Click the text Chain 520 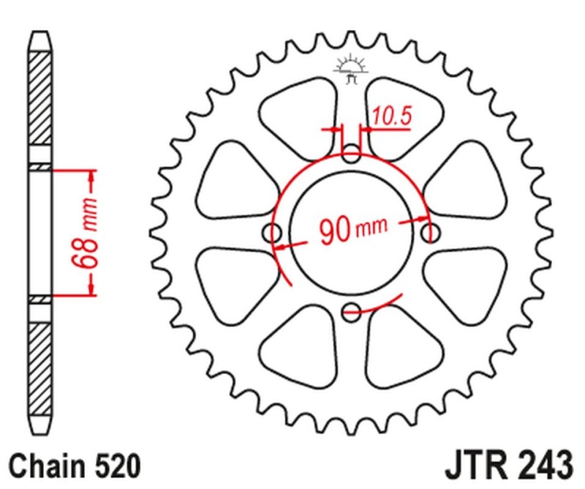pyautogui.click(x=72, y=464)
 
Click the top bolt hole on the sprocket pyautogui.click(x=352, y=154)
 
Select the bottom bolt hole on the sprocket pyautogui.click(x=352, y=310)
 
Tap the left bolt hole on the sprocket pyautogui.click(x=273, y=233)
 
